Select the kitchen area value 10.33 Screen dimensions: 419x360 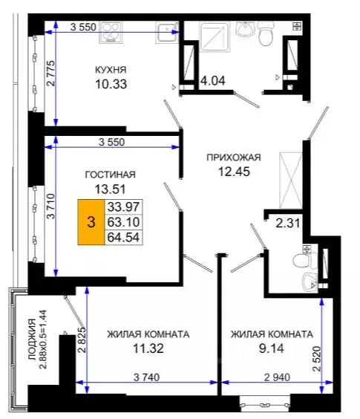(111, 84)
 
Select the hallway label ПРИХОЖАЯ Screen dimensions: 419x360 (234, 157)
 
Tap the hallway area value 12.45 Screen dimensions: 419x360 (234, 172)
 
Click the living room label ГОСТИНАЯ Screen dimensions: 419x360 (109, 175)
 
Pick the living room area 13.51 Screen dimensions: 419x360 (109, 189)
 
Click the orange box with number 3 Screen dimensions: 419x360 (91, 221)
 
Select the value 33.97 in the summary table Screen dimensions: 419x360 (124, 207)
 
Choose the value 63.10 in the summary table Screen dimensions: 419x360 (124, 221)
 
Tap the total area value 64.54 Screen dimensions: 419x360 (124, 237)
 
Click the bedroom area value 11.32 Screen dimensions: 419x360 (147, 348)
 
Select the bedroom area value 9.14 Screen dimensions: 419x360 (270, 348)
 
